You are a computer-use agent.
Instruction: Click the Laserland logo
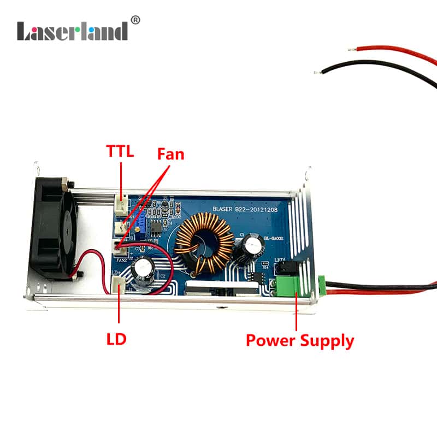click(73, 31)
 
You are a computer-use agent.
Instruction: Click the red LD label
click(116, 339)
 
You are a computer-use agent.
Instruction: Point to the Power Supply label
click(299, 341)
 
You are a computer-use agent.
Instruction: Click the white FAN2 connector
click(120, 247)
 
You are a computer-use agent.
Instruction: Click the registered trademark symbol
click(136, 20)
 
